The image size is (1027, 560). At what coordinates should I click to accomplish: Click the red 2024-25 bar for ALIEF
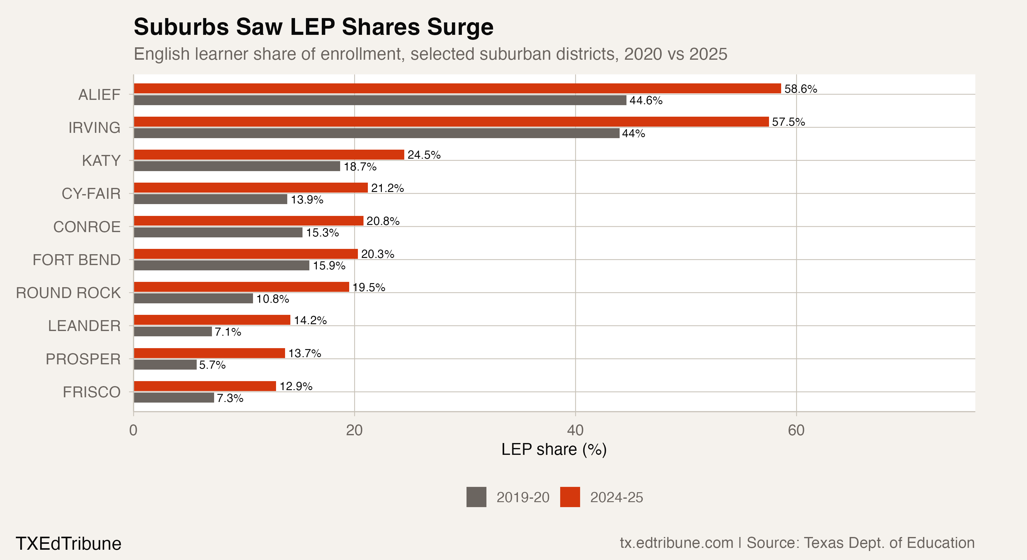[457, 88]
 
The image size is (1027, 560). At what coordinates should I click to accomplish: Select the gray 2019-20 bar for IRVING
[376, 133]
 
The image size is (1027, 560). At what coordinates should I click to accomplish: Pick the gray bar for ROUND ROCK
[193, 299]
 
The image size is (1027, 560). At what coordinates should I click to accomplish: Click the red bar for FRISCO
[204, 386]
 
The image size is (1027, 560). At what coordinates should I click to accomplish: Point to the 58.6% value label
[800, 89]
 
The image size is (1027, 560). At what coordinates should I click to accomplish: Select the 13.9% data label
[307, 199]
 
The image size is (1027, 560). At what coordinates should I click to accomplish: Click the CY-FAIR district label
[91, 194]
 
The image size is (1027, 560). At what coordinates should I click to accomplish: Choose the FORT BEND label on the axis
[77, 260]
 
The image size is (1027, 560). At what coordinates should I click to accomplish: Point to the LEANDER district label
[84, 326]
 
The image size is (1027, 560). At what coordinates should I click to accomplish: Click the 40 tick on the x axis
[575, 431]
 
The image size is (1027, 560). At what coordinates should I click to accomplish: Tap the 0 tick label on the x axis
[133, 431]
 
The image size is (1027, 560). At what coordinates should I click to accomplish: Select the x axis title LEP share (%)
[554, 449]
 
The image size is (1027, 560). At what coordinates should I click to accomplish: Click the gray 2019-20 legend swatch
[476, 497]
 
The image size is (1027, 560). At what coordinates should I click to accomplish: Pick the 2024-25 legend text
[617, 497]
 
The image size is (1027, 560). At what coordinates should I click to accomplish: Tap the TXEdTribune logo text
[68, 544]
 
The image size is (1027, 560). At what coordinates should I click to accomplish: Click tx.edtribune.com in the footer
[676, 543]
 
